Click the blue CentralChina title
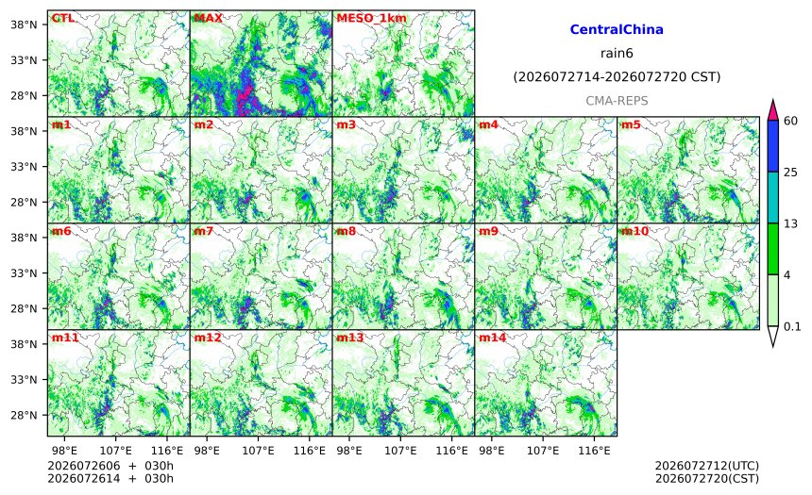[617, 29]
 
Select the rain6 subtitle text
[617, 54]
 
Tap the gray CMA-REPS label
[617, 101]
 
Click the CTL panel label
[62, 18]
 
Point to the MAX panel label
[208, 18]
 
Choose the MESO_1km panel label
[371, 19]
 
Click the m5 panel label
[630, 124]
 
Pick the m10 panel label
[634, 231]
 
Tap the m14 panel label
[492, 338]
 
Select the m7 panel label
[204, 231]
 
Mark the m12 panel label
[207, 338]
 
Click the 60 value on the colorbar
[791, 121]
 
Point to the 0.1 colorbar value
[792, 326]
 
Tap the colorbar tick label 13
[791, 223]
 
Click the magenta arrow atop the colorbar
[772, 109]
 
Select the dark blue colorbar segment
[772, 146]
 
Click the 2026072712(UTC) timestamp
[707, 466]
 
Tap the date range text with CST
[617, 77]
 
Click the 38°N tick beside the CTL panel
[24, 25]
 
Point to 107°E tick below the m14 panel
[543, 451]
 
